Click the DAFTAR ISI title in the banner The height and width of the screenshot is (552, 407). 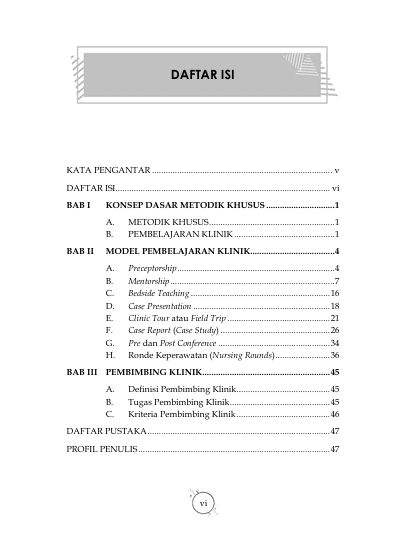(x=203, y=76)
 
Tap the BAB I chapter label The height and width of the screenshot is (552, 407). (x=79, y=204)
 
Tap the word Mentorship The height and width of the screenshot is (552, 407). (x=148, y=283)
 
